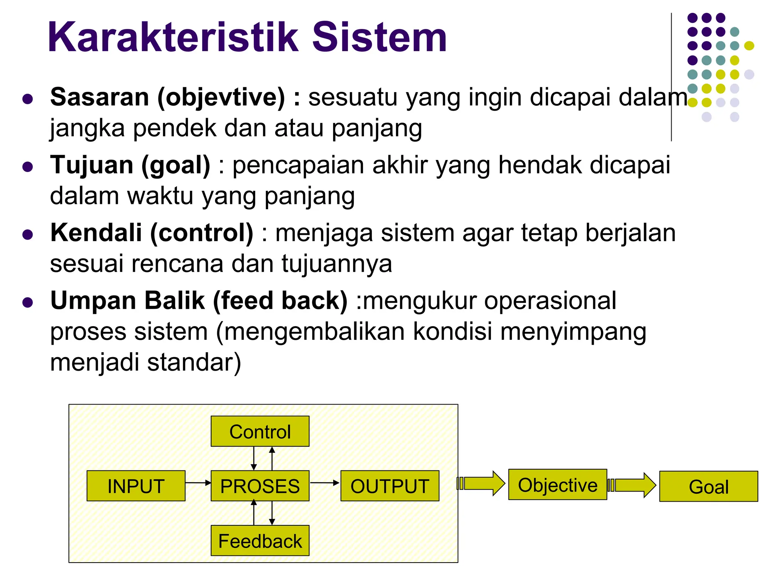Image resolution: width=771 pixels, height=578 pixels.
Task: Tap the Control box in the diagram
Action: point(260,431)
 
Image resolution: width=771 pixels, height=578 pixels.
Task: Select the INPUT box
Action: point(136,486)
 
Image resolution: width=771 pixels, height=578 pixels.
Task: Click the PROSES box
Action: point(260,486)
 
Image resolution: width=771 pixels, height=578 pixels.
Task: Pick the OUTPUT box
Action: point(390,486)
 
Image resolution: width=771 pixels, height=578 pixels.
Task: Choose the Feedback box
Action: point(260,541)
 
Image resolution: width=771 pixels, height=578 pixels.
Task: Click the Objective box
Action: point(558,485)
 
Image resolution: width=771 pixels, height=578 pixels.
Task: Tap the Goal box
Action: point(709,487)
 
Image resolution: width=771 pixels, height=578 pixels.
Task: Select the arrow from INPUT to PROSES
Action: point(198,482)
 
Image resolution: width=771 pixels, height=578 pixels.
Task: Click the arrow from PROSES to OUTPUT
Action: point(325,482)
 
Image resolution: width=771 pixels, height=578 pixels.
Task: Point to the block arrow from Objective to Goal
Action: point(632,485)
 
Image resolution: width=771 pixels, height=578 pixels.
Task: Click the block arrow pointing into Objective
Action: point(482,483)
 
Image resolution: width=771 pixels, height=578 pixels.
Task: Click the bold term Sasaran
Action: point(100,97)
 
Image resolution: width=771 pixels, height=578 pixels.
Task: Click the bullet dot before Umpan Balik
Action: point(27,302)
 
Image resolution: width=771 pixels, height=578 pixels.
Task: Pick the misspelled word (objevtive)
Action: point(221,97)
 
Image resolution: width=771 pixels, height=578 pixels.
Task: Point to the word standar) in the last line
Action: point(194,362)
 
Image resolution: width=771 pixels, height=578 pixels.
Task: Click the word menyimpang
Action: point(573,332)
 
